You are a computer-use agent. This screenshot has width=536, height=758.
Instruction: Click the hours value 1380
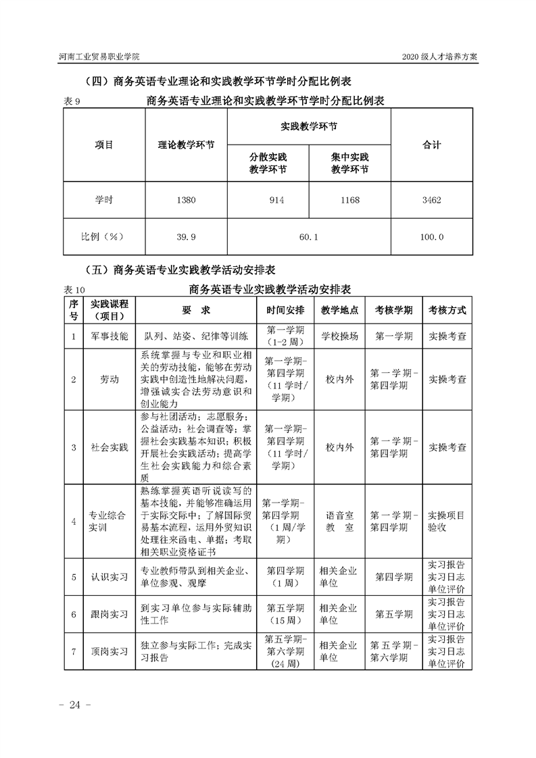point(186,200)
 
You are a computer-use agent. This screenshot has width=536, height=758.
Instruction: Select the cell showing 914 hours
point(268,200)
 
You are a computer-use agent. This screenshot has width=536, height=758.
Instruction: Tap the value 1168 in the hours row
point(349,200)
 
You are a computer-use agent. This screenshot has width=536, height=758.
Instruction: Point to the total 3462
point(431,200)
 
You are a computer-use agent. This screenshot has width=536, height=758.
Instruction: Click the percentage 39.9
point(186,237)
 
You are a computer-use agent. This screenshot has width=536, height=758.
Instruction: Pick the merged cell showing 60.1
point(309,237)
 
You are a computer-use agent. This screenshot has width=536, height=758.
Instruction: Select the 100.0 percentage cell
point(431,237)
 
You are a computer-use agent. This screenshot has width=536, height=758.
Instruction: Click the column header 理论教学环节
point(186,145)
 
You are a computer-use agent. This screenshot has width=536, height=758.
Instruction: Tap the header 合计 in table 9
point(431,145)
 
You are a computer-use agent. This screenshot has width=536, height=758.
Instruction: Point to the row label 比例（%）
point(104,237)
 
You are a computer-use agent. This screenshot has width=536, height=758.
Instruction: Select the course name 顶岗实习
point(109,652)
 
